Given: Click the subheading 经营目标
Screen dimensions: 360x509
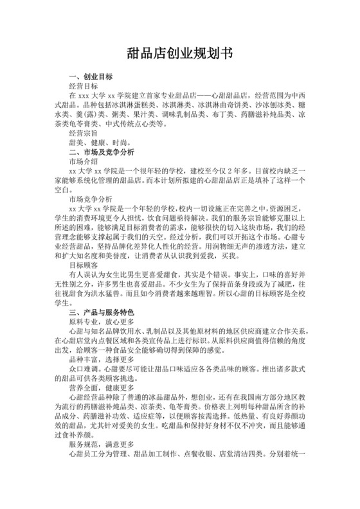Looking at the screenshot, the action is [82, 85].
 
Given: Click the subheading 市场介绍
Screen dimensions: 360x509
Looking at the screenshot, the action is [82, 164].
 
